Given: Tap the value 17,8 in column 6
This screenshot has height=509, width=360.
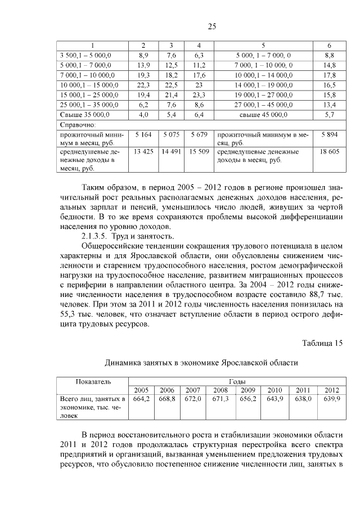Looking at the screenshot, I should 330,75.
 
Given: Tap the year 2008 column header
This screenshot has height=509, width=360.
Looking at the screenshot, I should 220,390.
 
